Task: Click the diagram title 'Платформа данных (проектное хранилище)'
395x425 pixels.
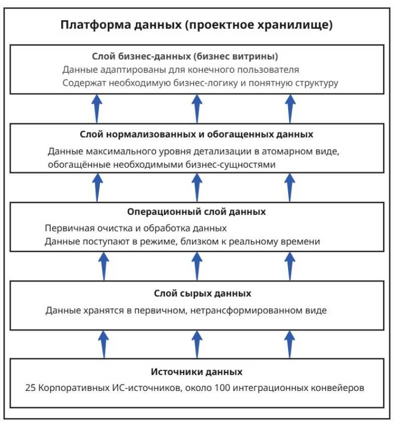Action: click(x=197, y=25)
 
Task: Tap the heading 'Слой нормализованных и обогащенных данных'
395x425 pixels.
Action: click(x=196, y=134)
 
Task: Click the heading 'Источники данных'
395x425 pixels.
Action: click(x=197, y=372)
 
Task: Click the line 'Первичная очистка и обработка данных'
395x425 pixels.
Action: click(x=136, y=228)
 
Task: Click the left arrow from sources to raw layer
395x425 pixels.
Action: click(x=103, y=344)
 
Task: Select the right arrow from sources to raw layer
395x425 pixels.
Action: click(x=290, y=344)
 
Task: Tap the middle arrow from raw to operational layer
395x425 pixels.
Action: click(x=197, y=266)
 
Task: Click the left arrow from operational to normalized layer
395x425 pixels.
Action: click(x=98, y=187)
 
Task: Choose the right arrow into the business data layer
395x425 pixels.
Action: click(x=290, y=108)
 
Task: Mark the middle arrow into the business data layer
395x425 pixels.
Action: click(x=197, y=108)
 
